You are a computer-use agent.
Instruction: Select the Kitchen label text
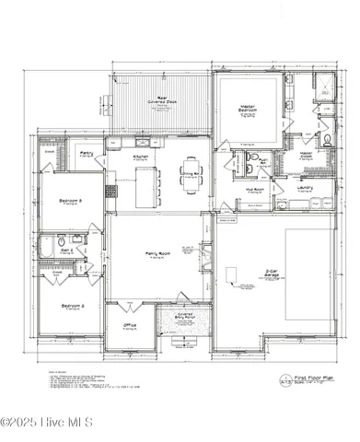[x=141, y=157]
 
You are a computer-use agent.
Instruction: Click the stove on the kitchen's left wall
[x=110, y=192]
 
